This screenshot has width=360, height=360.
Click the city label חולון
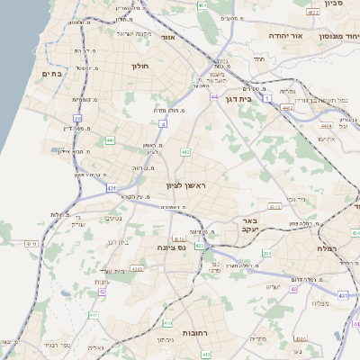click(139, 66)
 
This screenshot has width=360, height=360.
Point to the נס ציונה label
click(170, 247)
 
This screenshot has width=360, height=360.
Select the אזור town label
click(166, 39)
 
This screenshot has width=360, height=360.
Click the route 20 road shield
click(78, 118)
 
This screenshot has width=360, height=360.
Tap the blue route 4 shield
click(163, 122)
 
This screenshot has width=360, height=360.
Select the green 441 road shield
click(110, 140)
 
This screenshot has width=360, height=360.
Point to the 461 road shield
click(203, 5)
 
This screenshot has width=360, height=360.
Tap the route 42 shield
click(103, 292)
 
